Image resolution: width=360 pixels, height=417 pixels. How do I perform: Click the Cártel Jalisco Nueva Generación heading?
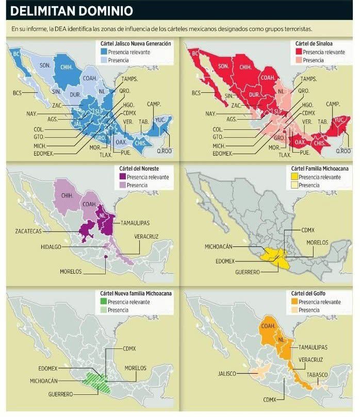136,44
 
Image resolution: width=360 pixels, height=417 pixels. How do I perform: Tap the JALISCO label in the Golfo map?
227,373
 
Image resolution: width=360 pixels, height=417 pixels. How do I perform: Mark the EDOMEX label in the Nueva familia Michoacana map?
48,369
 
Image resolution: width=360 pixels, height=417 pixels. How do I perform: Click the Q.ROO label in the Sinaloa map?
343,151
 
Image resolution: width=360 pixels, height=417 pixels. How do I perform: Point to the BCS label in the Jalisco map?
18,93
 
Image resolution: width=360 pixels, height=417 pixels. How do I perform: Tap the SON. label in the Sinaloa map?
223,66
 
